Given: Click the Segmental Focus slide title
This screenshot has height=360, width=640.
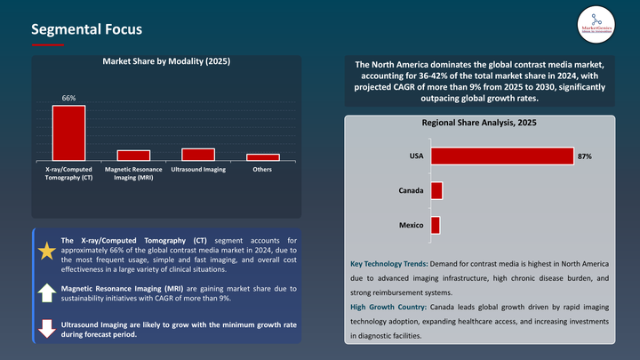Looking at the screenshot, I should tap(86, 29).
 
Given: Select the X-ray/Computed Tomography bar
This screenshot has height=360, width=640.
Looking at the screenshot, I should tap(68, 133).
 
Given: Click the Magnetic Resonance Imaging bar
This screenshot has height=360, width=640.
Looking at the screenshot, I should tap(133, 156).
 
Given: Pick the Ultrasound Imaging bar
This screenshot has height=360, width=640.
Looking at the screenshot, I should tap(198, 155).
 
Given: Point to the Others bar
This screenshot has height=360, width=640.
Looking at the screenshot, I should tap(263, 157).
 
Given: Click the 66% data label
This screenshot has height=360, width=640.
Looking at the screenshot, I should tap(68, 98).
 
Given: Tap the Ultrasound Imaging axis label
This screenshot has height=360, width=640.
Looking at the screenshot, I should tap(198, 169).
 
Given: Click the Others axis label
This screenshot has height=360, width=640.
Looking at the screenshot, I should tap(263, 169).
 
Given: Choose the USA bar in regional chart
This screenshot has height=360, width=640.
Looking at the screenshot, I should tap(501, 156).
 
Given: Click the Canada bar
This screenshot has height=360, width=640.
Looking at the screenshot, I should tap(436, 191).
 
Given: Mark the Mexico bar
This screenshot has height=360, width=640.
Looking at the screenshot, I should tap(436, 226).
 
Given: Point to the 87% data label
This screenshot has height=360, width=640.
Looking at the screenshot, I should tap(584, 156).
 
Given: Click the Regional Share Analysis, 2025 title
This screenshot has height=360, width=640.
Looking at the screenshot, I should tap(479, 123).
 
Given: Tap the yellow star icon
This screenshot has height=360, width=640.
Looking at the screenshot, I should tap(46, 252).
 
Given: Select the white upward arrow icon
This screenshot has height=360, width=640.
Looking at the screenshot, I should tap(46, 292).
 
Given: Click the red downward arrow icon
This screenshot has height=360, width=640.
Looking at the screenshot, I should tap(46, 328).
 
